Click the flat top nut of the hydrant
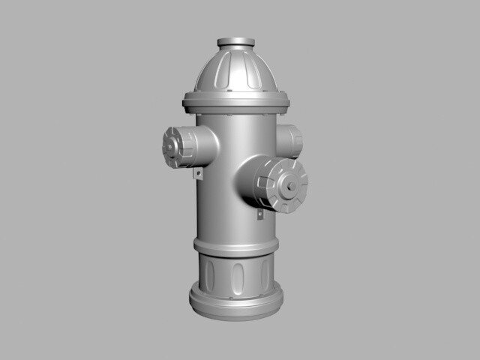click(235, 43)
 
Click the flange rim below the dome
click(235, 99)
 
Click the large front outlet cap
click(281, 184)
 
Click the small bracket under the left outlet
click(199, 174)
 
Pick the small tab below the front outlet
click(260, 214)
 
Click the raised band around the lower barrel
click(235, 246)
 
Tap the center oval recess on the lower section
click(238, 278)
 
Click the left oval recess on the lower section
click(209, 274)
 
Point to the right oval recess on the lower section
click(265, 274)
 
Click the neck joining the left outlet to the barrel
click(205, 145)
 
